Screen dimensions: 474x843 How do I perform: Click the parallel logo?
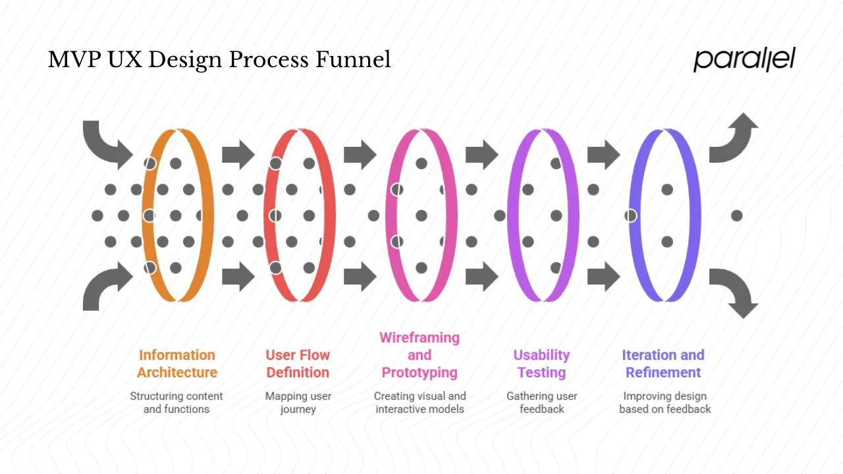pyautogui.click(x=744, y=59)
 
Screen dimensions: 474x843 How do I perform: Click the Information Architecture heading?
pyautogui.click(x=177, y=363)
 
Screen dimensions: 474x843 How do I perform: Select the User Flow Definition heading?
pyautogui.click(x=298, y=363)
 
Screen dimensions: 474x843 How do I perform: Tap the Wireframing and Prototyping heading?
pyautogui.click(x=420, y=355)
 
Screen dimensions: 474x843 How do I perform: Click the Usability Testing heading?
pyautogui.click(x=541, y=363)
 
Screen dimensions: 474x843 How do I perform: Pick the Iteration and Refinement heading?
pyautogui.click(x=663, y=363)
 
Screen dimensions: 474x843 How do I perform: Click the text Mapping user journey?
pyautogui.click(x=298, y=402)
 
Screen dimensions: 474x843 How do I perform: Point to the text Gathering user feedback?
pyautogui.click(x=541, y=402)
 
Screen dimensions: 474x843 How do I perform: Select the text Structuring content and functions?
pyautogui.click(x=177, y=402)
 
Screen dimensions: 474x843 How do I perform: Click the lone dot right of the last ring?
pyautogui.click(x=737, y=215)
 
